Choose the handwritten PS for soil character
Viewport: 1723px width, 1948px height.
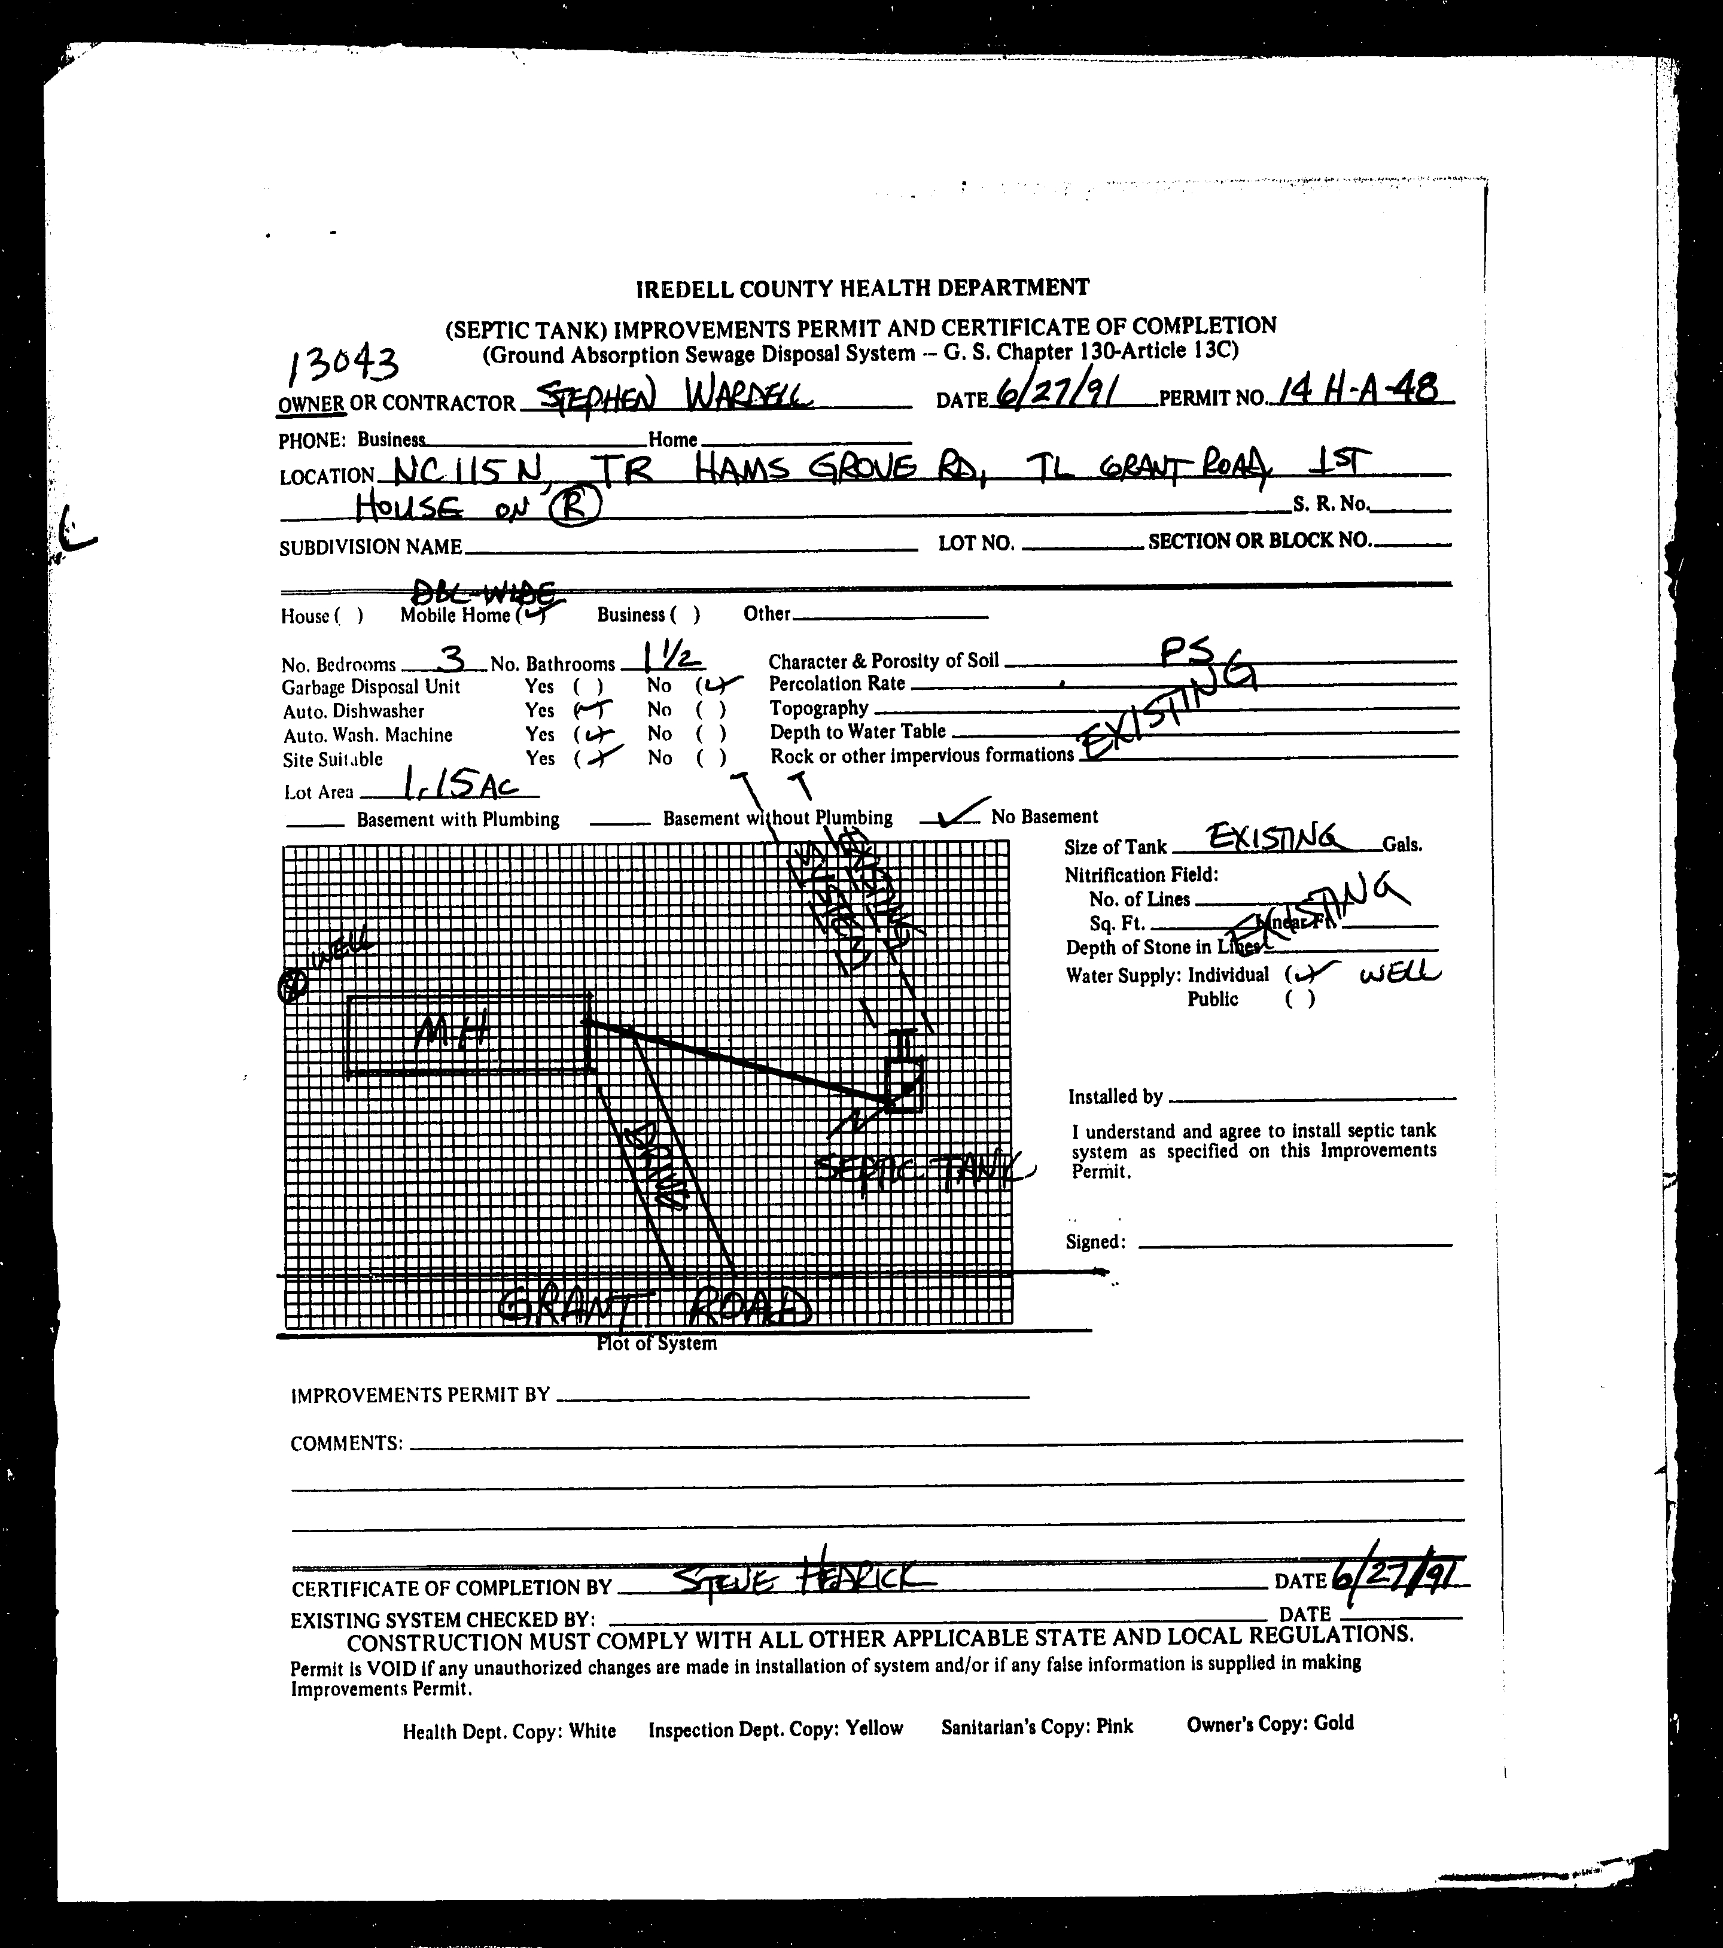coord(1186,652)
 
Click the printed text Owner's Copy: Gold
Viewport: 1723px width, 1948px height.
coord(1270,1723)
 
